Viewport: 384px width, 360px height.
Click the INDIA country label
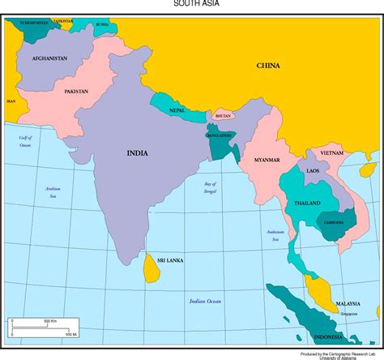point(138,152)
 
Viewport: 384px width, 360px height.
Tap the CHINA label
point(268,66)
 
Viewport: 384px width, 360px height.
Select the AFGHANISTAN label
point(49,58)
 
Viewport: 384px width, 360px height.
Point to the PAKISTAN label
point(77,92)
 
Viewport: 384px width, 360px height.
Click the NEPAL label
point(177,109)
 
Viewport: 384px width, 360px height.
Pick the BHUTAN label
point(223,116)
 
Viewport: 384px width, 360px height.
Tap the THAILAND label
point(307,203)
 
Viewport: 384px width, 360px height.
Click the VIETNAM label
point(331,152)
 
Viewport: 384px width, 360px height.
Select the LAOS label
point(312,171)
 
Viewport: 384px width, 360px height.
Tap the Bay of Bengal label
point(211,187)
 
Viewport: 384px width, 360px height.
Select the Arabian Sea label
point(52,191)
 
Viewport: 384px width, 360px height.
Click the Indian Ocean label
point(205,301)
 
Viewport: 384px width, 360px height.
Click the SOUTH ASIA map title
point(192,4)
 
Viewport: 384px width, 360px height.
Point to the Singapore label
point(348,314)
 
